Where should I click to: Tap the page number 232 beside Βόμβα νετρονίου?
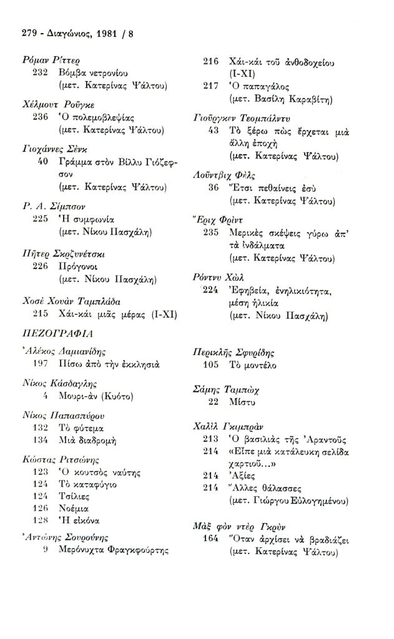click(40, 72)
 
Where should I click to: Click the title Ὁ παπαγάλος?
click(259, 86)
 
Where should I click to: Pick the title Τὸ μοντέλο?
click(253, 364)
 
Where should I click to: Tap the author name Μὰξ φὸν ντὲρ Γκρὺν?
click(238, 526)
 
